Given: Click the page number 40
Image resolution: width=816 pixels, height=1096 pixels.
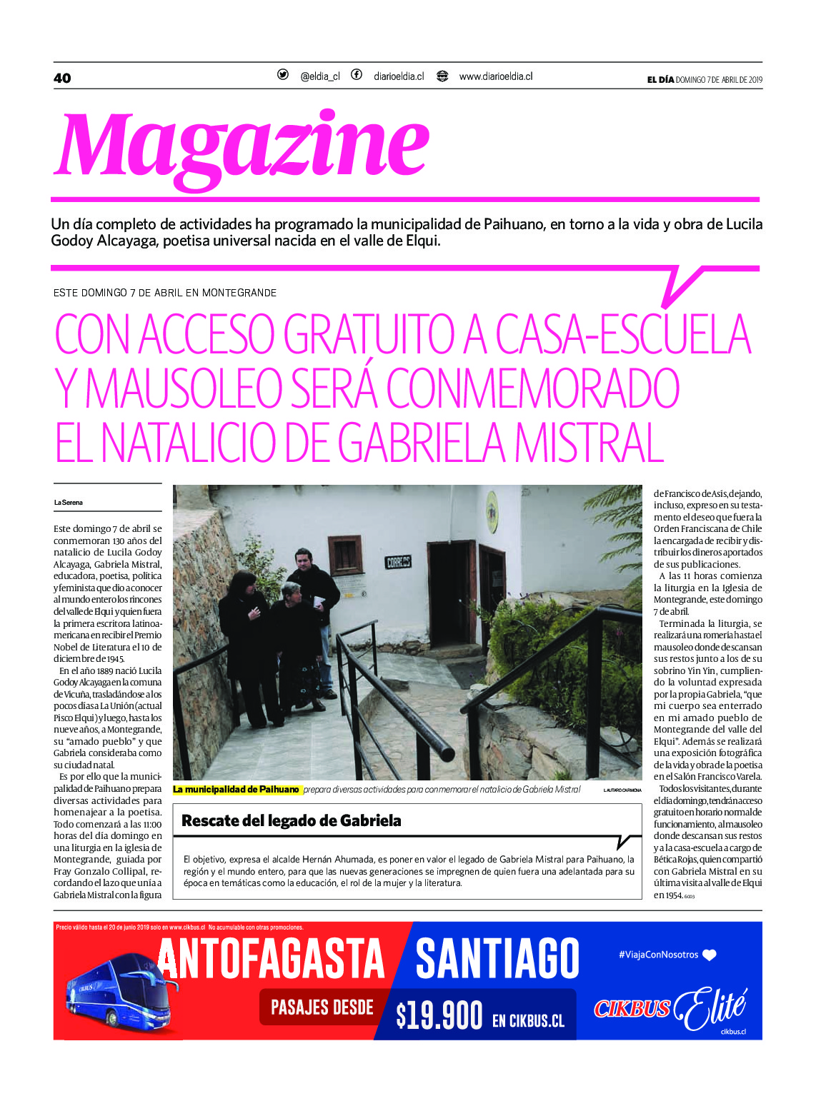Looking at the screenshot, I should pos(62,78).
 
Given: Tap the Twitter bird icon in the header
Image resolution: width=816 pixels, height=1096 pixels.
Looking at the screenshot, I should pos(283,75).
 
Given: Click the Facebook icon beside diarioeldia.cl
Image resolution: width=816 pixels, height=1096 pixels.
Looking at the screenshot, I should pos(356,75).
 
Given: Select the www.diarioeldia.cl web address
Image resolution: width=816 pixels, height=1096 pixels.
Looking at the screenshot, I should pos(495,76).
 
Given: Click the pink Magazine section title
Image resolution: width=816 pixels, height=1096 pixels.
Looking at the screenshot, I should pos(242,146).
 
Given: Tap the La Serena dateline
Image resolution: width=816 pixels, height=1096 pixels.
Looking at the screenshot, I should pos(69,503).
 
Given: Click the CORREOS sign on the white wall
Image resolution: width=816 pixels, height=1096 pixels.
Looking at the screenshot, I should pos(398,563).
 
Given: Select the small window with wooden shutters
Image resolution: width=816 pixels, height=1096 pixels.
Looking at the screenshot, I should pos(344,555).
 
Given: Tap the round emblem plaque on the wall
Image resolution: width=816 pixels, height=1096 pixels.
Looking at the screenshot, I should pos(492,512).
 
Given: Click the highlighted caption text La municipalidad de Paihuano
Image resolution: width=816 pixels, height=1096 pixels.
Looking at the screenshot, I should pos(237,790).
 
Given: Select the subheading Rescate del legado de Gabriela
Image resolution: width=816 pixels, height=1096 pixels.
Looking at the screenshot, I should pos(292,820).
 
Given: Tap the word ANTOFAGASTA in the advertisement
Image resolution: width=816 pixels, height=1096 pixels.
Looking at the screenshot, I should pos(272,960).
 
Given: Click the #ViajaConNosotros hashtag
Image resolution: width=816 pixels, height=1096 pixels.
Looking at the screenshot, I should pos(658,955).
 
